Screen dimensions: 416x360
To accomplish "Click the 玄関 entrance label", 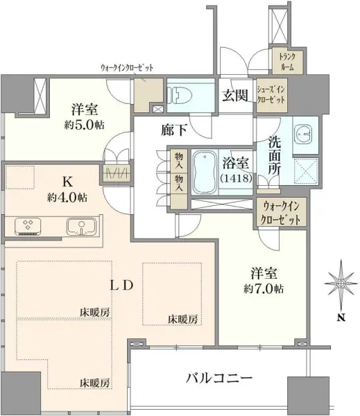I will (234, 96).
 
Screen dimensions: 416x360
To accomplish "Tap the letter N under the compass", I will (341, 318).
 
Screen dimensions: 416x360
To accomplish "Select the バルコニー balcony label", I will (218, 379).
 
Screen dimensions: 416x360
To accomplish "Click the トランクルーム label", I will (286, 62).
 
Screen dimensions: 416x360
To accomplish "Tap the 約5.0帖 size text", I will (85, 126).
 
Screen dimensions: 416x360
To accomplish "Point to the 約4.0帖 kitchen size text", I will (68, 196).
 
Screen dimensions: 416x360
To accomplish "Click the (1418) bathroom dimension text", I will (237, 178).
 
